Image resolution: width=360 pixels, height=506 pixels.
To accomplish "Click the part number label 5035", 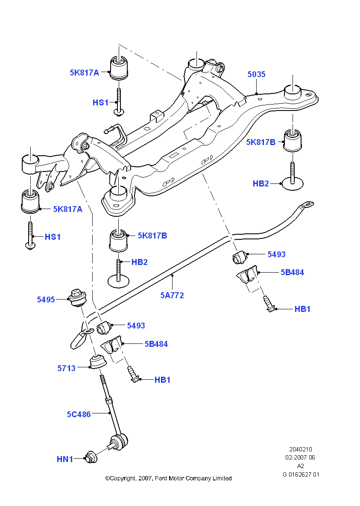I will point(256,75).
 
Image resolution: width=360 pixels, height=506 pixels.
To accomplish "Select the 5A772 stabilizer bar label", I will point(172,295).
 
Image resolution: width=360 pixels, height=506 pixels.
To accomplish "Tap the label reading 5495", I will point(46,300).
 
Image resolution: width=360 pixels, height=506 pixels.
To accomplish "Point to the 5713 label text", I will point(67,368).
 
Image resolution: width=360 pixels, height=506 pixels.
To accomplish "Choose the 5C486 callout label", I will point(79,414).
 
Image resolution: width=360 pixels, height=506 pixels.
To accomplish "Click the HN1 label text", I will point(65,459).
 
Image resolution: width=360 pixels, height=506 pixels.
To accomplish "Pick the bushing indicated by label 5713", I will point(98,362).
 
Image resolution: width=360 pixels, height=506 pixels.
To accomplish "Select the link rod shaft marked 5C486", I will point(108,405).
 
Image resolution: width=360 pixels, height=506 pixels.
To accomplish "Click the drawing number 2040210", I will point(301,449).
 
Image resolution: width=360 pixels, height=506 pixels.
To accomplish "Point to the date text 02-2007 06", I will point(301,458).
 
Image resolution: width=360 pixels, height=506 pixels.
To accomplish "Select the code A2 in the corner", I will point(301,466).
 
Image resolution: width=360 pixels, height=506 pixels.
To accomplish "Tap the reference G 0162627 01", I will point(301,474).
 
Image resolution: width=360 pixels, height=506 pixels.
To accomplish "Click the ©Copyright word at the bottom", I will point(120,479).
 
